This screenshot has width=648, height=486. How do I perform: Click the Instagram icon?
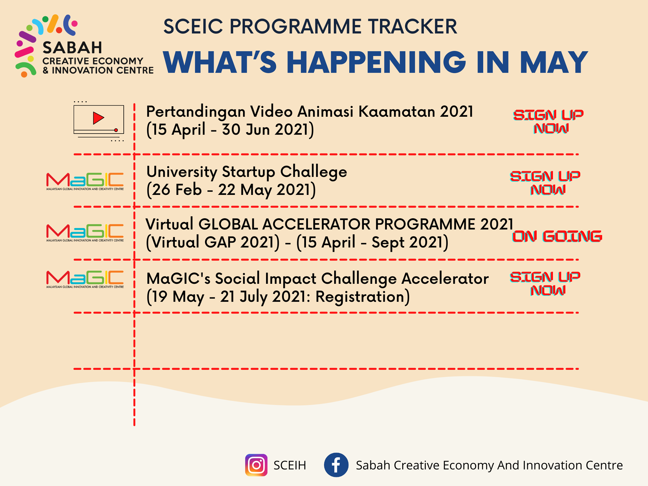click(x=256, y=465)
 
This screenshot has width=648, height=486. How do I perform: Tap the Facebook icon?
click(x=336, y=465)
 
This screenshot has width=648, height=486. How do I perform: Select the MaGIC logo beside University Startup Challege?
click(x=85, y=181)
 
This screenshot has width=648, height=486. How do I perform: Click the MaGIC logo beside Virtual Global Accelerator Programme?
click(x=85, y=233)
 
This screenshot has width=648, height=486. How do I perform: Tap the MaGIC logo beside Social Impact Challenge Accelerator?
click(x=85, y=279)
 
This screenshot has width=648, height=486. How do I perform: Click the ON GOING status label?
click(x=557, y=236)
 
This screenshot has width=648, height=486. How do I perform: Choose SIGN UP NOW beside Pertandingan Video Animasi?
click(x=548, y=121)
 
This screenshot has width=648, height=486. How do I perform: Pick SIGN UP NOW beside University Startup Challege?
click(x=545, y=183)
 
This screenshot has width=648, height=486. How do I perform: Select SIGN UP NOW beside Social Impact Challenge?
click(x=545, y=283)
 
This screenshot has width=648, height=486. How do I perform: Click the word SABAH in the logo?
click(x=72, y=48)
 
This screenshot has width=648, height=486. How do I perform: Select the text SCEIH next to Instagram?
click(x=290, y=465)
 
